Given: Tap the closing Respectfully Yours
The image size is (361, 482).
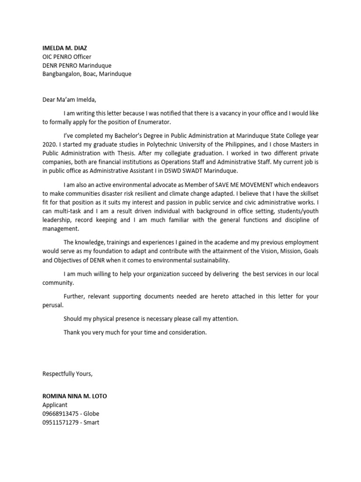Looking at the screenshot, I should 68,374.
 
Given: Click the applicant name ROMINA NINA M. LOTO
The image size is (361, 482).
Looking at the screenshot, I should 74,396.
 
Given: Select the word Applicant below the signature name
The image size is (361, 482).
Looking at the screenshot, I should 55,405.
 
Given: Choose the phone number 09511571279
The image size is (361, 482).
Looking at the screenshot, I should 60,422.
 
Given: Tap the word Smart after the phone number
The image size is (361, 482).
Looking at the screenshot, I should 91,422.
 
